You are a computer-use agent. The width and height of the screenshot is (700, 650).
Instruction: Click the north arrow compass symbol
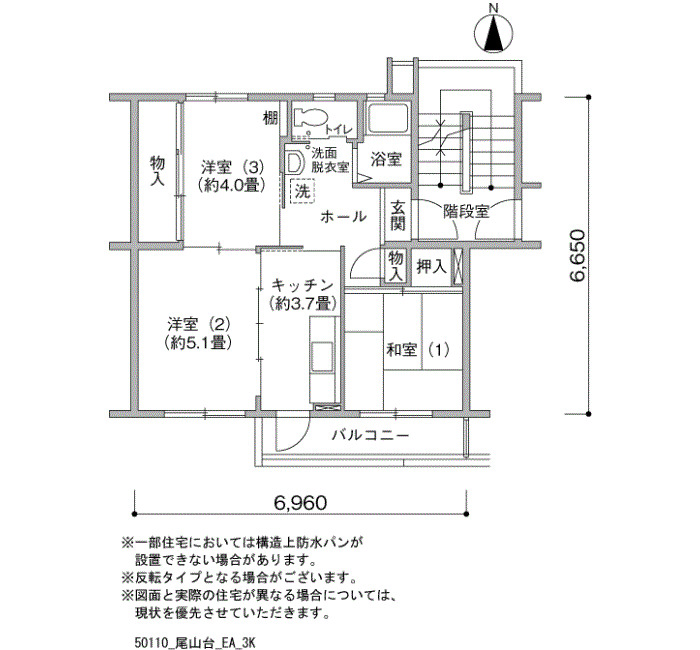point(493,33)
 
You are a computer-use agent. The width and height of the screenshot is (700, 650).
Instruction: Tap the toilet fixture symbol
point(310,118)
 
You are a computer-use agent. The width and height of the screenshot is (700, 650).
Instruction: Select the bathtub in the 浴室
point(388,118)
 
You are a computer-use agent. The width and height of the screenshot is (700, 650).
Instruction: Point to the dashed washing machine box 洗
point(302,192)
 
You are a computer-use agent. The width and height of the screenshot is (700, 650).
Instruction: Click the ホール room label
point(344,217)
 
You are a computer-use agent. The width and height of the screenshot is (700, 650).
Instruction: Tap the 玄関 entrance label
point(398,216)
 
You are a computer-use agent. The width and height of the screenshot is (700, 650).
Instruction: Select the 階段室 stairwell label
point(466,211)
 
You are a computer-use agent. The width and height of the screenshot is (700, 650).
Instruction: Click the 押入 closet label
point(431,267)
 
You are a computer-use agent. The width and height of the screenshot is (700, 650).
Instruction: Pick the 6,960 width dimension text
point(300,503)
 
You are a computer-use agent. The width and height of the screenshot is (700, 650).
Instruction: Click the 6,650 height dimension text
point(577,256)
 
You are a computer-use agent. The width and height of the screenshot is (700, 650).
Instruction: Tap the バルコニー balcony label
point(370,434)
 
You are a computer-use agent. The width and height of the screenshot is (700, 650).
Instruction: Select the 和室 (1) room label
point(417,350)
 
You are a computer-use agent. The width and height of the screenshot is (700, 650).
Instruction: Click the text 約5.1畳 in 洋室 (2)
point(197,342)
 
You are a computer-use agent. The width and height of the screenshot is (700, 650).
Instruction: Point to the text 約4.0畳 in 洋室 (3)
point(232,184)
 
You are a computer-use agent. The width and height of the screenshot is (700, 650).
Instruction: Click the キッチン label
point(302,284)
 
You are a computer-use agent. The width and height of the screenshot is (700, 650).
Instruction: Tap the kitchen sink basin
point(322,356)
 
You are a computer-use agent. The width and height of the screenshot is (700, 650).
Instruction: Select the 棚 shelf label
point(271,118)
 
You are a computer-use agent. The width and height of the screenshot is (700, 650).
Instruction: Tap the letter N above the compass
point(493,8)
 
